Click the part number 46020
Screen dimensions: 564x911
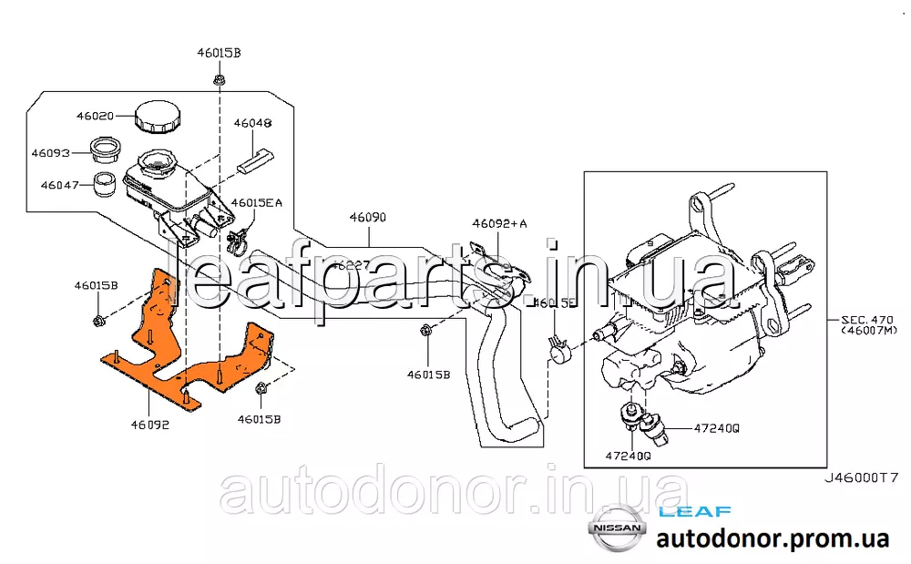click(94, 117)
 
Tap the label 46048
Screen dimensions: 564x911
click(252, 122)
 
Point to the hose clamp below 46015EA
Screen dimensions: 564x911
click(240, 241)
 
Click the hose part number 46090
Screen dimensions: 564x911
click(368, 219)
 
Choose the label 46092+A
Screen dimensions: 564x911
click(499, 223)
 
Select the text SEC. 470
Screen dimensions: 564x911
click(868, 319)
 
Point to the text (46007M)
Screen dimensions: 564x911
click(868, 333)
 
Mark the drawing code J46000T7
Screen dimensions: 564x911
click(862, 477)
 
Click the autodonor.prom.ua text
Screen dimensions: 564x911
click(773, 538)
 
